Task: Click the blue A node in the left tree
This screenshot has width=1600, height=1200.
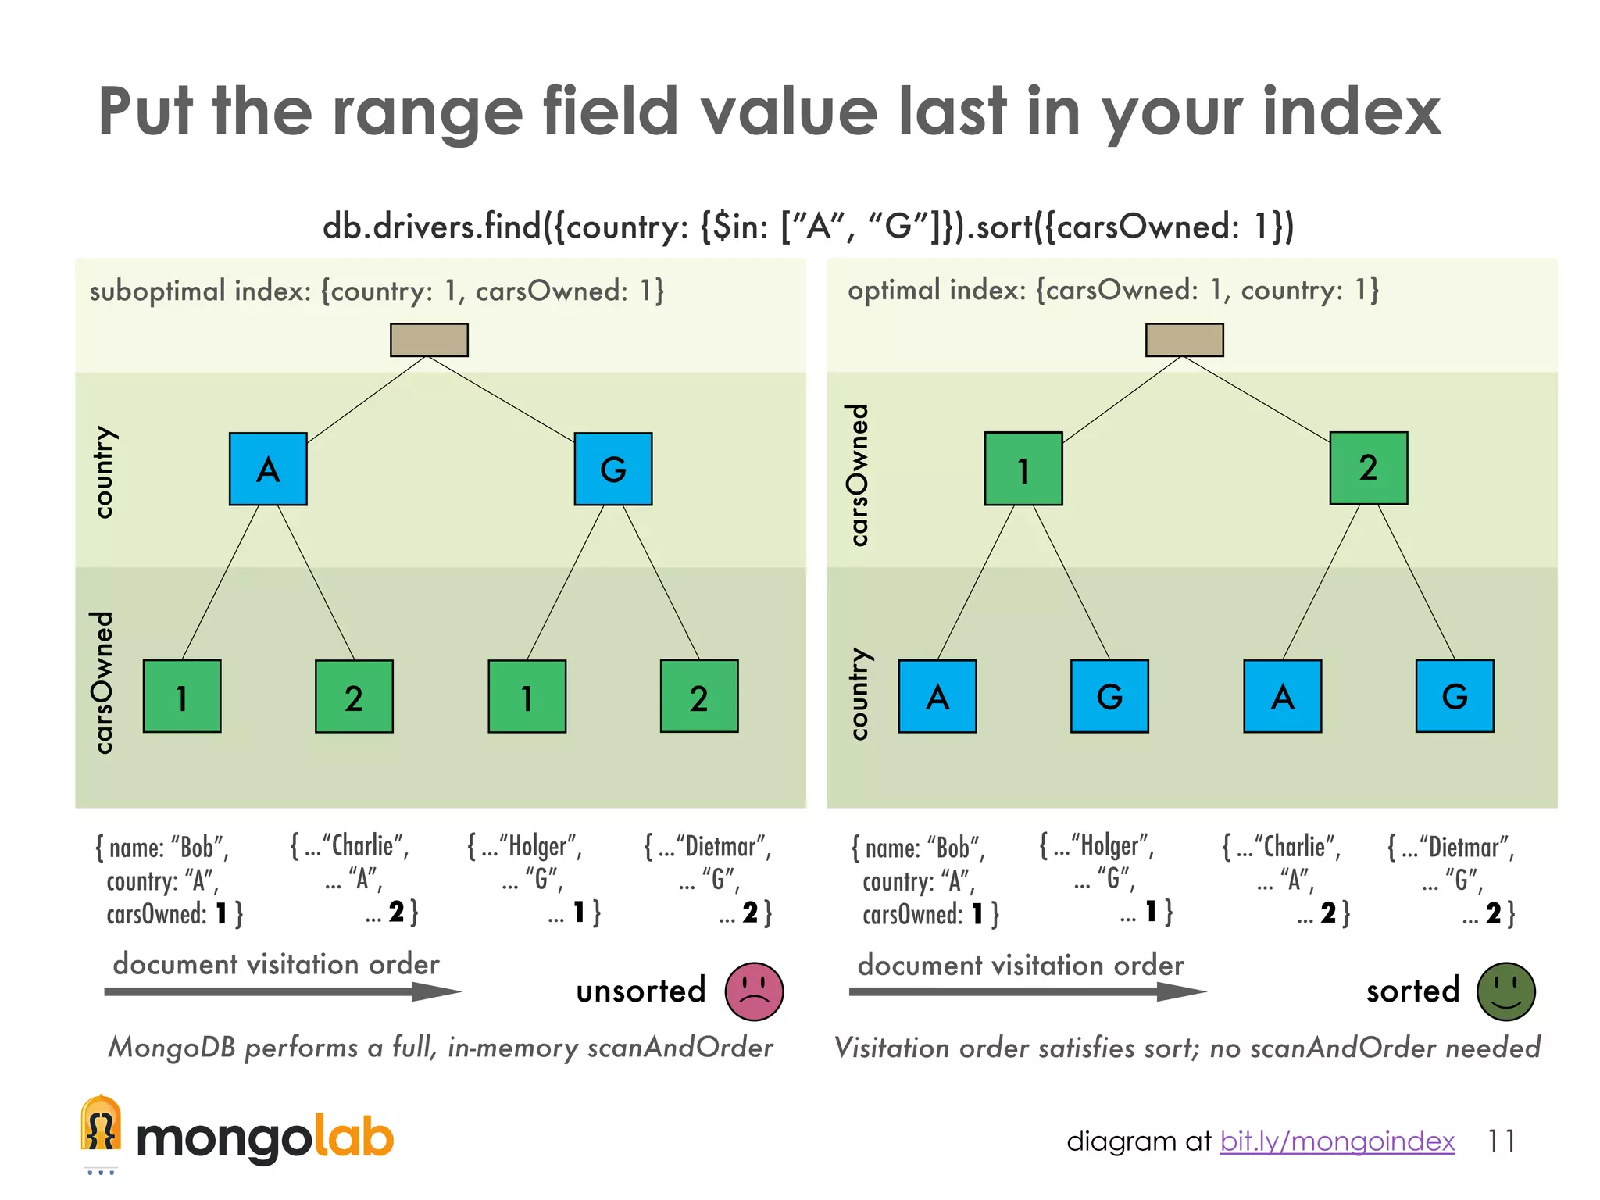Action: click(x=268, y=469)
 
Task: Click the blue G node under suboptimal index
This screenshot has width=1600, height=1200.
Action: click(x=613, y=469)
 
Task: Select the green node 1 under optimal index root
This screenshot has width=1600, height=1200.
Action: click(x=1023, y=469)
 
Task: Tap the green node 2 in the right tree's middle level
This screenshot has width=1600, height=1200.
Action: click(x=1369, y=468)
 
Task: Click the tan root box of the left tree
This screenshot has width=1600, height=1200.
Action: click(x=429, y=340)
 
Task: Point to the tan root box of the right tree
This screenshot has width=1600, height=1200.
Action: click(x=1184, y=340)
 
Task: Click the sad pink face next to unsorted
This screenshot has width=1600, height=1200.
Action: click(x=754, y=991)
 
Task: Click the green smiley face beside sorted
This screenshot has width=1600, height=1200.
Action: click(x=1505, y=991)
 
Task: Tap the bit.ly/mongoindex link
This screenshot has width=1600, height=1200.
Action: click(x=1337, y=1141)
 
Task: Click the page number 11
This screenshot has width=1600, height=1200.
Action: click(x=1501, y=1141)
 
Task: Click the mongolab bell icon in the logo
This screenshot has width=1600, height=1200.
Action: click(x=101, y=1126)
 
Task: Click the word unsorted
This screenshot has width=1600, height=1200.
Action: click(x=641, y=991)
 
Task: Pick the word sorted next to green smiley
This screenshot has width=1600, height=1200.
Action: click(x=1412, y=991)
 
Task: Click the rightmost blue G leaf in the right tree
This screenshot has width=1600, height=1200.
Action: click(x=1455, y=696)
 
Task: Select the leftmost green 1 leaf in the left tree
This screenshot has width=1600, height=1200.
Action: click(x=182, y=696)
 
